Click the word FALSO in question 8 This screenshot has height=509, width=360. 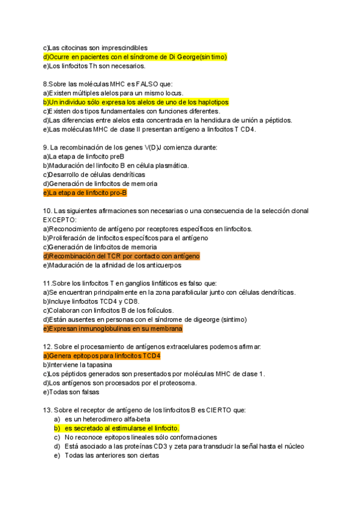point(147,85)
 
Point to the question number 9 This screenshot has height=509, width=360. point(45,148)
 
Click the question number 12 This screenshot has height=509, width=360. point(47,347)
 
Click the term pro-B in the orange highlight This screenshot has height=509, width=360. point(118,193)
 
